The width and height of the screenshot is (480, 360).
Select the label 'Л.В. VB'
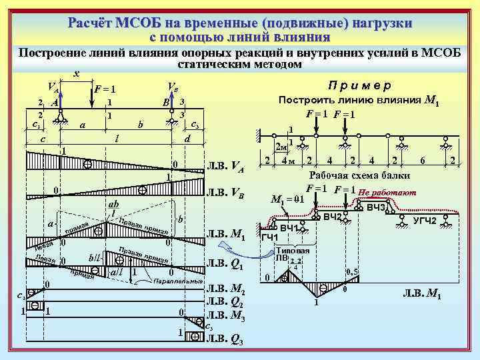tap(227, 194)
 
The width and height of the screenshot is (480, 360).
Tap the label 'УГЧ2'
tap(425, 220)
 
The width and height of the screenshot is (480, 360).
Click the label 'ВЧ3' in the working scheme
tap(377, 208)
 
